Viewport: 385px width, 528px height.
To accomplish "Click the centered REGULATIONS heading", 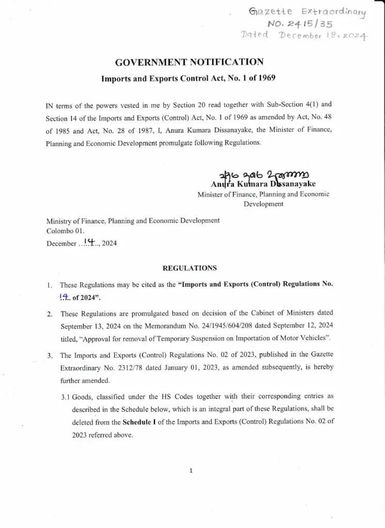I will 190,268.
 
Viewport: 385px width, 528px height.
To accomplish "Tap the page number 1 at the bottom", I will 191,471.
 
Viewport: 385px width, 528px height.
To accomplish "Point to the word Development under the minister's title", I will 263,204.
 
